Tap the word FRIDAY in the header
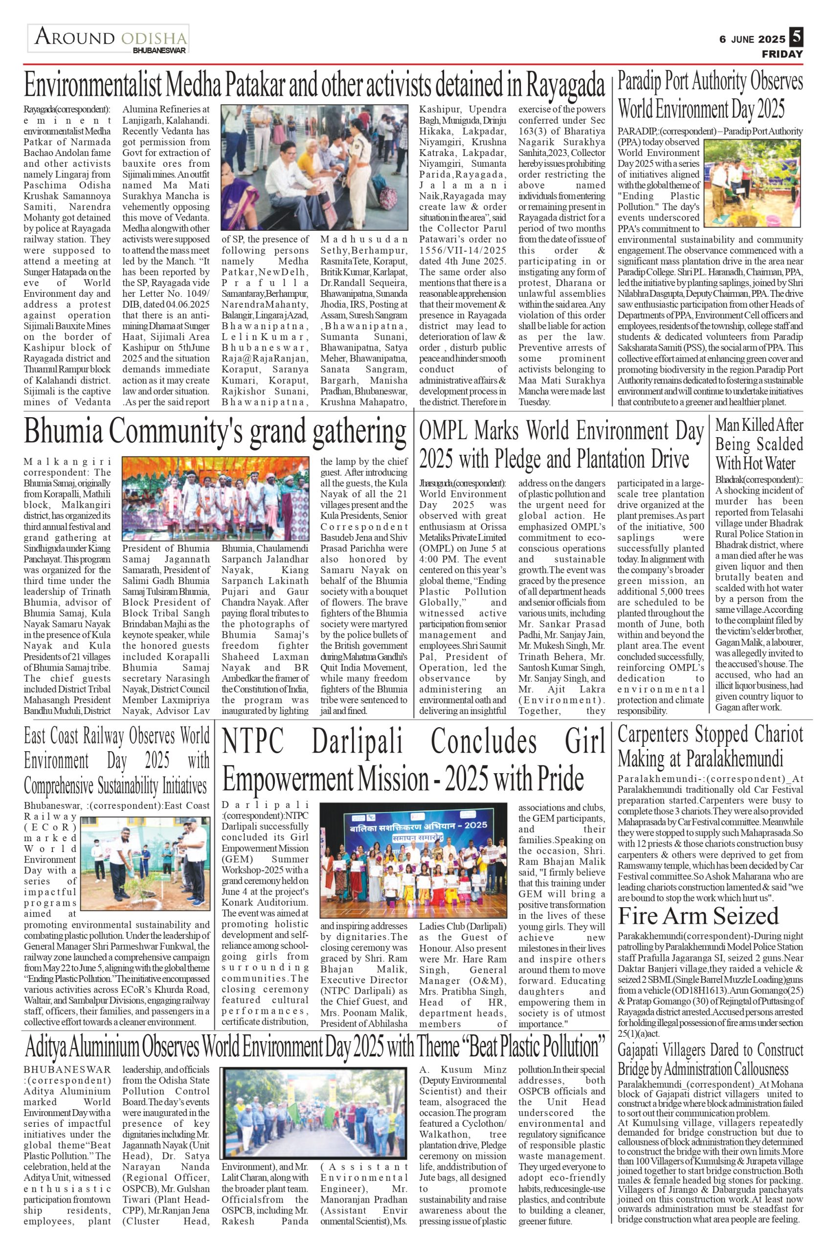coord(782,54)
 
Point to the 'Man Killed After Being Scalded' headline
coord(759,444)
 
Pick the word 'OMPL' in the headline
coord(443,432)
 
